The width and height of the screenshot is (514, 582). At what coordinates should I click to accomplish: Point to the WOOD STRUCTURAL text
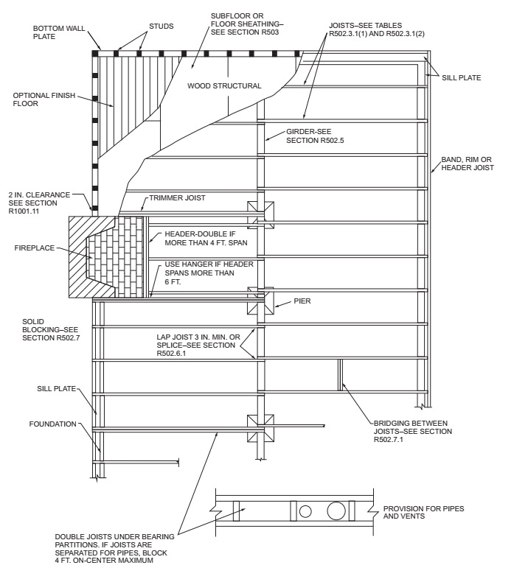click(x=224, y=86)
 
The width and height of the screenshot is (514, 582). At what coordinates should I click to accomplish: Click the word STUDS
click(x=159, y=26)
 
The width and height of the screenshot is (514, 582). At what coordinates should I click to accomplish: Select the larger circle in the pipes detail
click(x=336, y=510)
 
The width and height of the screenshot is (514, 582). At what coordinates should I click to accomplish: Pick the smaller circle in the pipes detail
click(x=306, y=510)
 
